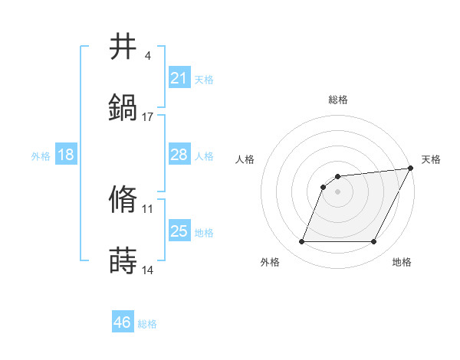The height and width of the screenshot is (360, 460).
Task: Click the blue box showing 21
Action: [x=179, y=77]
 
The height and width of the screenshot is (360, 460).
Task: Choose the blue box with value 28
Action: [x=179, y=155]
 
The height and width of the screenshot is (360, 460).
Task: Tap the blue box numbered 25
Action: [x=179, y=231]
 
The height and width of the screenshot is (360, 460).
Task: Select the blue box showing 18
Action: [x=66, y=155]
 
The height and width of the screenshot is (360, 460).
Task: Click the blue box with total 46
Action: [x=123, y=322]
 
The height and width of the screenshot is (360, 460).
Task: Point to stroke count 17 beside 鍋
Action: [x=148, y=116]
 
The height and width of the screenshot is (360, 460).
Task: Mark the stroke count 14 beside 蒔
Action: [x=148, y=270]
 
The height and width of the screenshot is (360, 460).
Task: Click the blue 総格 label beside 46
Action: [x=147, y=324]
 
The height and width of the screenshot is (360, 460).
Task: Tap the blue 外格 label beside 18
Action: [x=41, y=156]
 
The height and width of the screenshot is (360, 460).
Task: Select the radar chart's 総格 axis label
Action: [x=338, y=100]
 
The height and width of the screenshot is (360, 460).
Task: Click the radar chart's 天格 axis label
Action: [x=431, y=159]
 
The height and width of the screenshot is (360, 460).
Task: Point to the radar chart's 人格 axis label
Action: [x=245, y=159]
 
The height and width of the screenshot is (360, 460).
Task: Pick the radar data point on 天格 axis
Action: [x=411, y=168]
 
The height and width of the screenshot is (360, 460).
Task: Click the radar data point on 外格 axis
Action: [x=301, y=242]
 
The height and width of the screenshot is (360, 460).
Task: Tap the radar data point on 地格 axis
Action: [x=374, y=242]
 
